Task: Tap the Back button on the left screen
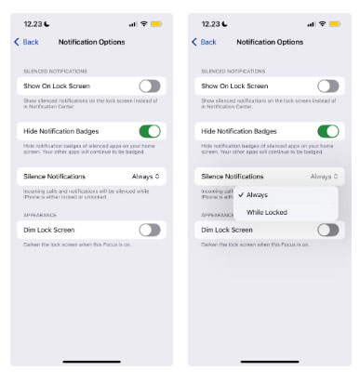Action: click(26, 42)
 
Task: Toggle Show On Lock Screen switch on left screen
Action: click(150, 86)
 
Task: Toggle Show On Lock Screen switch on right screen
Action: click(328, 86)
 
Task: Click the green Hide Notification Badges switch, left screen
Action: click(150, 131)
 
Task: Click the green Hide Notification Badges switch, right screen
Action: click(328, 131)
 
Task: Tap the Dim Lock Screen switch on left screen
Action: click(150, 229)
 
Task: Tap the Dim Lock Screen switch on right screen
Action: click(328, 229)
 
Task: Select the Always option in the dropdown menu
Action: click(257, 194)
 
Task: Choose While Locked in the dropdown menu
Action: click(266, 212)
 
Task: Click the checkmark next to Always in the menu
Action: click(240, 194)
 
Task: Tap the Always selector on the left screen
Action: click(146, 176)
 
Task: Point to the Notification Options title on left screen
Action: click(91, 42)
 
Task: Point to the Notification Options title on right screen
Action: click(270, 42)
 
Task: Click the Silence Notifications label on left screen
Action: click(54, 176)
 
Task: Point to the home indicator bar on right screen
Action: click(270, 361)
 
